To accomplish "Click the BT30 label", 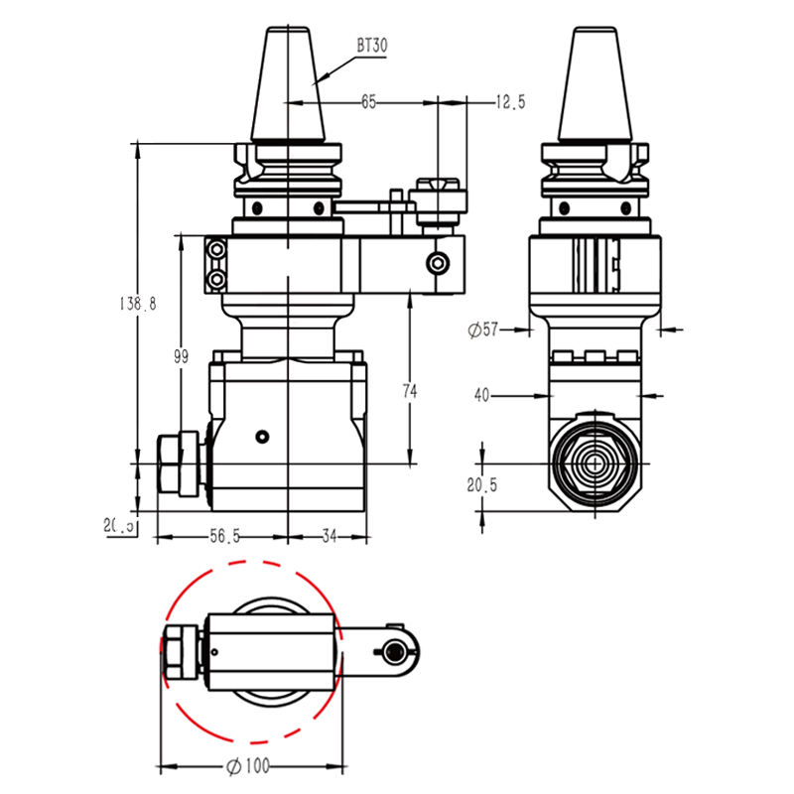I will (x=372, y=46).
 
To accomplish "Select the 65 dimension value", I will (x=368, y=101).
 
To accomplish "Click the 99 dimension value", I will (x=181, y=357).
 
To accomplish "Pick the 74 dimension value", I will (x=410, y=391).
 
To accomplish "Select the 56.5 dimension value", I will (x=224, y=537).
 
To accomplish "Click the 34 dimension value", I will (x=330, y=537).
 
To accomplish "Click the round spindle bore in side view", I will (x=594, y=463).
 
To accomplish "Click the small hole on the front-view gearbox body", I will (x=261, y=437).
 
